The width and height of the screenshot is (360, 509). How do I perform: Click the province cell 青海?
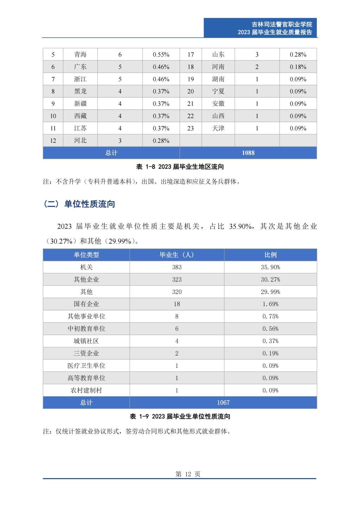tap(80, 54)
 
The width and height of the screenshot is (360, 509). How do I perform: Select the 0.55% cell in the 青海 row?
tap(161, 54)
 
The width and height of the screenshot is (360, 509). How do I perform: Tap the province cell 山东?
tap(218, 54)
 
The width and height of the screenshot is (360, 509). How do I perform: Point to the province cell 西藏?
tap(80, 116)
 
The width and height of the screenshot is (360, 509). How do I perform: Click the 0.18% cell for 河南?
tap(298, 67)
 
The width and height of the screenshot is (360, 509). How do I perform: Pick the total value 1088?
tap(248, 153)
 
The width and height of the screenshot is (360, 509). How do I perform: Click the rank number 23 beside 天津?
tap(191, 128)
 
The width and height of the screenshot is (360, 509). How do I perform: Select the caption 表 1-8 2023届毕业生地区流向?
tap(180, 167)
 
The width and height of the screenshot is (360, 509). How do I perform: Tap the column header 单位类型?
tap(86, 255)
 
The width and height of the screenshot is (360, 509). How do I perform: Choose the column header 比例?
tap(270, 255)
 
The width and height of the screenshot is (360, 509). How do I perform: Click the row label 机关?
tap(86, 267)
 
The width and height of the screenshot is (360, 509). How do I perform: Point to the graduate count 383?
tap(177, 267)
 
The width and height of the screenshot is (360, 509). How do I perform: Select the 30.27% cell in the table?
tap(270, 279)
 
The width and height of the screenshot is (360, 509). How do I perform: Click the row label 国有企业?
tap(86, 304)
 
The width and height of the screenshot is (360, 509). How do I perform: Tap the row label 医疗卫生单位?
tap(86, 366)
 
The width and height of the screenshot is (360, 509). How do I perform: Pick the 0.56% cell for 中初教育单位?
tap(270, 329)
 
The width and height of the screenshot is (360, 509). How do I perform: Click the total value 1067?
tap(223, 402)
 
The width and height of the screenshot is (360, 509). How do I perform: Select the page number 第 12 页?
tap(188, 474)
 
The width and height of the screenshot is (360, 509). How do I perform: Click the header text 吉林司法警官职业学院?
tap(282, 24)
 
